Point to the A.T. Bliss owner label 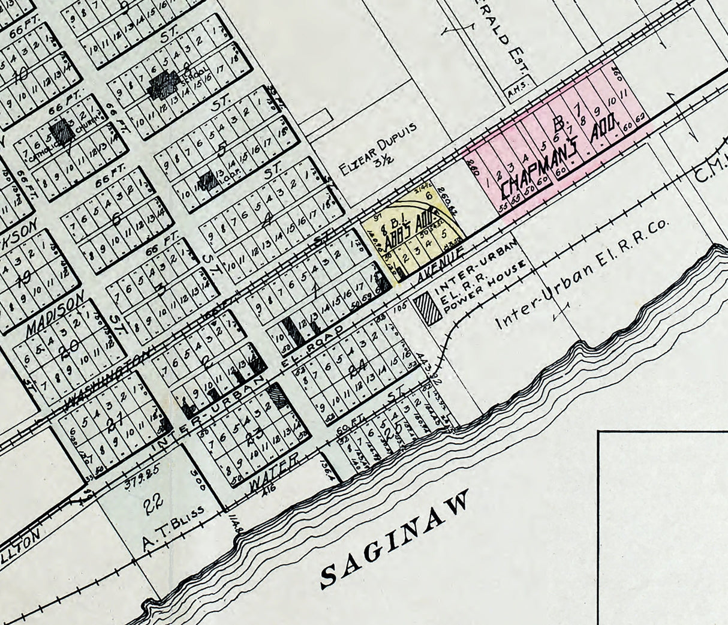[x=175, y=521]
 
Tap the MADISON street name [x=52, y=318]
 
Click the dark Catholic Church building [x=61, y=131]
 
